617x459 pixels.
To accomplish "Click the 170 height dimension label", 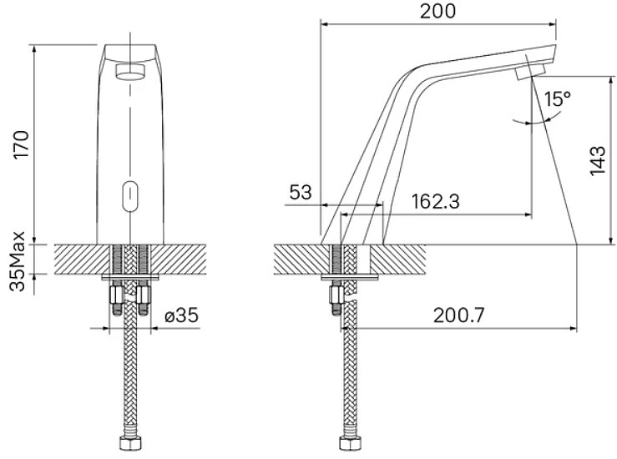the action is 21,144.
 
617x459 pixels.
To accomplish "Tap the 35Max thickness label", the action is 17,261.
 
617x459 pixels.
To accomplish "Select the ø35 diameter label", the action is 181,315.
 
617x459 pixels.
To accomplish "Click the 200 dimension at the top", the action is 437,11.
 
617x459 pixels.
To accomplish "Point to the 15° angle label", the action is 557,98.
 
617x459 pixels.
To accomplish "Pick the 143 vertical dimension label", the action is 597,160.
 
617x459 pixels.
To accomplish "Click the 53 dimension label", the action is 301,192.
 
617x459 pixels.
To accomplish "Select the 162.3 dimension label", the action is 435,201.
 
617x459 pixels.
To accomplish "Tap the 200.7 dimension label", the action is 458,315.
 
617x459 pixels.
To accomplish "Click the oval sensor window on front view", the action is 130,196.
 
